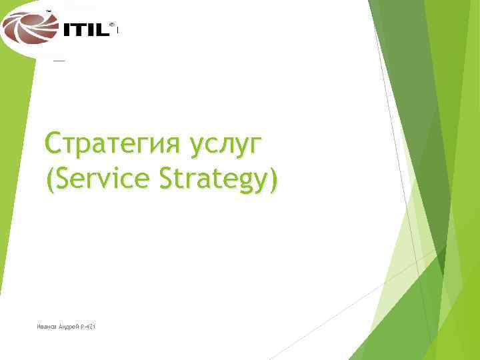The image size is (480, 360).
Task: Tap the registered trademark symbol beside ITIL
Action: pyautogui.click(x=111, y=23)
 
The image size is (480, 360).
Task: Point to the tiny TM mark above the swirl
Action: pyautogui.click(x=48, y=11)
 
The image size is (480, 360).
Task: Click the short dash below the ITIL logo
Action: pyautogui.click(x=59, y=60)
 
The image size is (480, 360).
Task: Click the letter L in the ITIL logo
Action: pyautogui.click(x=103, y=30)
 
